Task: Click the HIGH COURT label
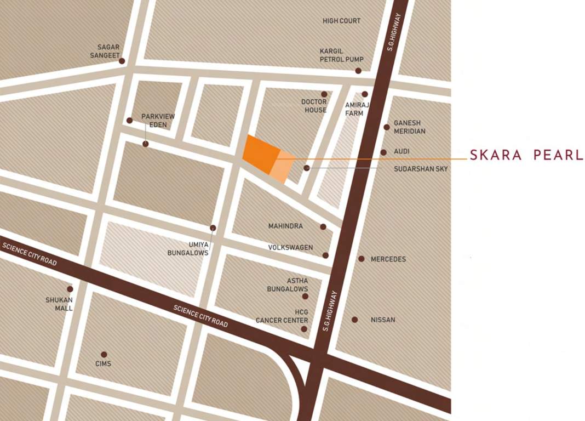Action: click(341, 21)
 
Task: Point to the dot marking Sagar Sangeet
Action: click(122, 61)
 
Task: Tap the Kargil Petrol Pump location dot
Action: click(358, 71)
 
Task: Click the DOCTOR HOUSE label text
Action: click(314, 106)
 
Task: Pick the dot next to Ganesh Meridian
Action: click(387, 127)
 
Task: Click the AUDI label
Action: click(402, 151)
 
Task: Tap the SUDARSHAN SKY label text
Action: click(421, 169)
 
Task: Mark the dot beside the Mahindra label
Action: click(323, 227)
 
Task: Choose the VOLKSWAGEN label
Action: click(290, 248)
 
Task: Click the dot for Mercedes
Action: click(362, 259)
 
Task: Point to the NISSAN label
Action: click(383, 320)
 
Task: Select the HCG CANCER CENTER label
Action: click(282, 316)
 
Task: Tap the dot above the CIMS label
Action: click(104, 355)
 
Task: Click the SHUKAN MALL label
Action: click(59, 304)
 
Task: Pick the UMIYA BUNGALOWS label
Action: click(188, 249)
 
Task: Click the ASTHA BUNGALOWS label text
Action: click(288, 285)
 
